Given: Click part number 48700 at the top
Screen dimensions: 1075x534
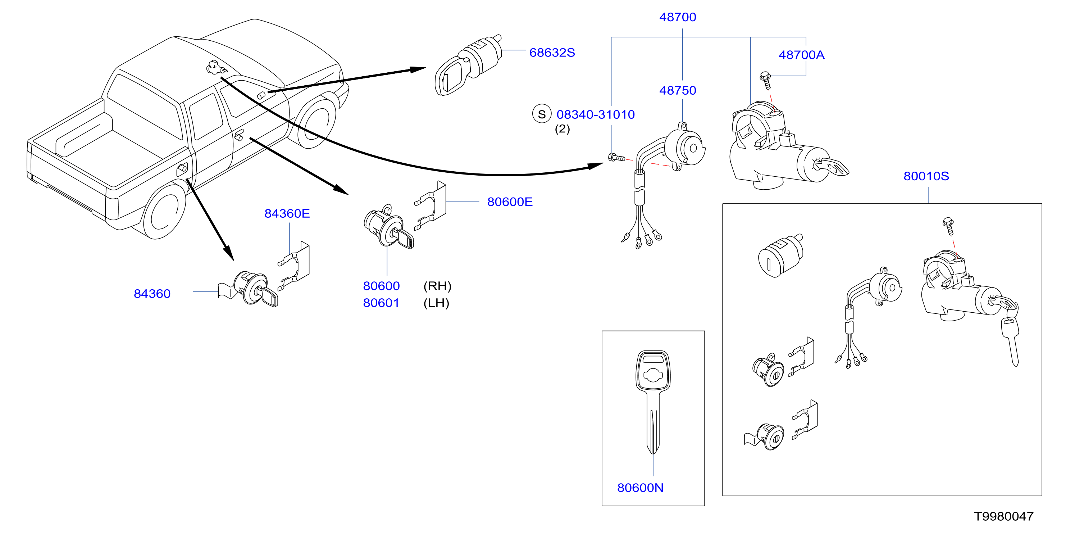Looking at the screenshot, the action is pyautogui.click(x=677, y=17).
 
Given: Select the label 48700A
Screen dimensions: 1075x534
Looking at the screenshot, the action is pyautogui.click(x=801, y=55).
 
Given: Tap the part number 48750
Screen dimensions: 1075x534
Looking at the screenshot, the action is pyautogui.click(x=677, y=90).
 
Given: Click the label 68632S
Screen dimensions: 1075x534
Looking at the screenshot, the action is pyautogui.click(x=552, y=53).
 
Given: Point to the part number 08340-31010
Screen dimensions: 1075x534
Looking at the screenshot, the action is pyautogui.click(x=596, y=114).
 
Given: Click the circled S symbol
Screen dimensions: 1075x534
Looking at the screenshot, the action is pyautogui.click(x=542, y=114).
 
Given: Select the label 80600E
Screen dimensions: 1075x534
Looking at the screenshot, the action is pyautogui.click(x=510, y=202).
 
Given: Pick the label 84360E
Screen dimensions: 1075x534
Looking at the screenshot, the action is pyautogui.click(x=287, y=214).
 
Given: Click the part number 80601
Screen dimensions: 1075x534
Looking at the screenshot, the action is pyautogui.click(x=381, y=303).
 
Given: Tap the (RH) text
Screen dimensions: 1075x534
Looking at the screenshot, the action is pyautogui.click(x=437, y=286).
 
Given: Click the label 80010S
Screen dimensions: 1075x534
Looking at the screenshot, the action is pyautogui.click(x=926, y=176).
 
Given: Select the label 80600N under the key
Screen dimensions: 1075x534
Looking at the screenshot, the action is pyautogui.click(x=640, y=488).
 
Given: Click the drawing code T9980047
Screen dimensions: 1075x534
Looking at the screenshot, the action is pyautogui.click(x=1004, y=516).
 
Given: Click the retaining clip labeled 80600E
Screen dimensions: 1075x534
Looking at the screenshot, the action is pyautogui.click(x=431, y=206).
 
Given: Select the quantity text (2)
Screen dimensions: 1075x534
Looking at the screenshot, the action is pyautogui.click(x=562, y=129).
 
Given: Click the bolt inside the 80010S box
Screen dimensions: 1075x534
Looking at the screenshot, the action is pyautogui.click(x=948, y=226).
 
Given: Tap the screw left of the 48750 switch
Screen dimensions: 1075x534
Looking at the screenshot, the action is pyautogui.click(x=616, y=157).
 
